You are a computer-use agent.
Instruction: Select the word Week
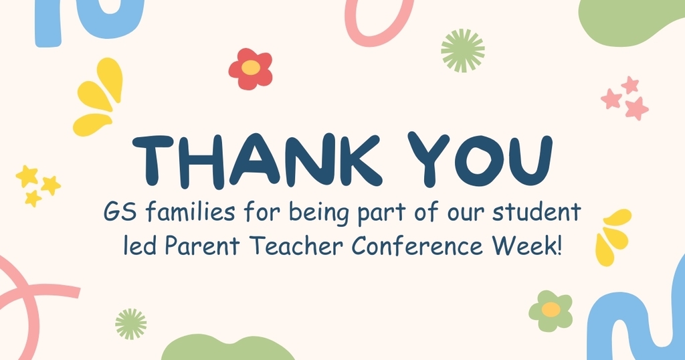tap(522, 248)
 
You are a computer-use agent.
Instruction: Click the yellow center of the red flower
tap(250, 68)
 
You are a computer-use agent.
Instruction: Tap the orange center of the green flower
tap(551, 309)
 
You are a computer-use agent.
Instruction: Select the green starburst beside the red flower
tap(463, 50)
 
